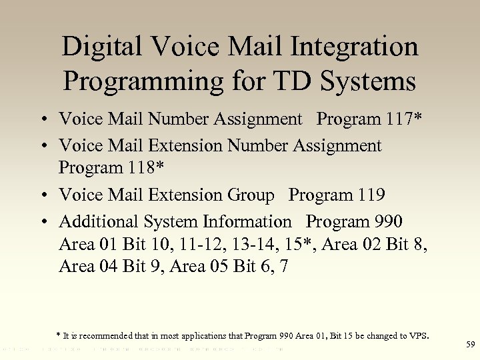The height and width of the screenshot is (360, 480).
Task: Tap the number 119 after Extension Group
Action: pos(371,195)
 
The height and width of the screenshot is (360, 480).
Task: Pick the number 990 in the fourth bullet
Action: pos(388,221)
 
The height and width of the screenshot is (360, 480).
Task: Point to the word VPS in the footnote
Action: pos(418,335)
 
